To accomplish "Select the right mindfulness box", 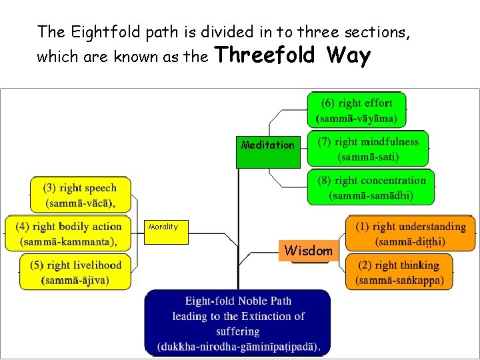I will tap(368, 149).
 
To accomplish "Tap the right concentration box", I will tap(371, 187).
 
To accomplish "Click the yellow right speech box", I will tap(80, 195).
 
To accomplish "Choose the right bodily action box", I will tap(69, 233).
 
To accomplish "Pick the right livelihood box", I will tap(75, 272).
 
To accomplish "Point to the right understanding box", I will tap(410, 234).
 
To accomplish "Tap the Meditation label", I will tap(267, 145).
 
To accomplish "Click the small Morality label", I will tap(163, 227).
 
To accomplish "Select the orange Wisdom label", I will tap(308, 251).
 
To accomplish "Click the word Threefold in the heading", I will tap(265, 55).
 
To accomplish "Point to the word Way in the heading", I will tap(348, 55).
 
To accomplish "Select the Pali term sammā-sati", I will tap(368, 157).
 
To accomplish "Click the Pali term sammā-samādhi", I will tap(371, 196).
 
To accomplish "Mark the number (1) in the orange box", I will tap(363, 227).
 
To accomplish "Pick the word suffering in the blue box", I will tap(237, 331).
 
